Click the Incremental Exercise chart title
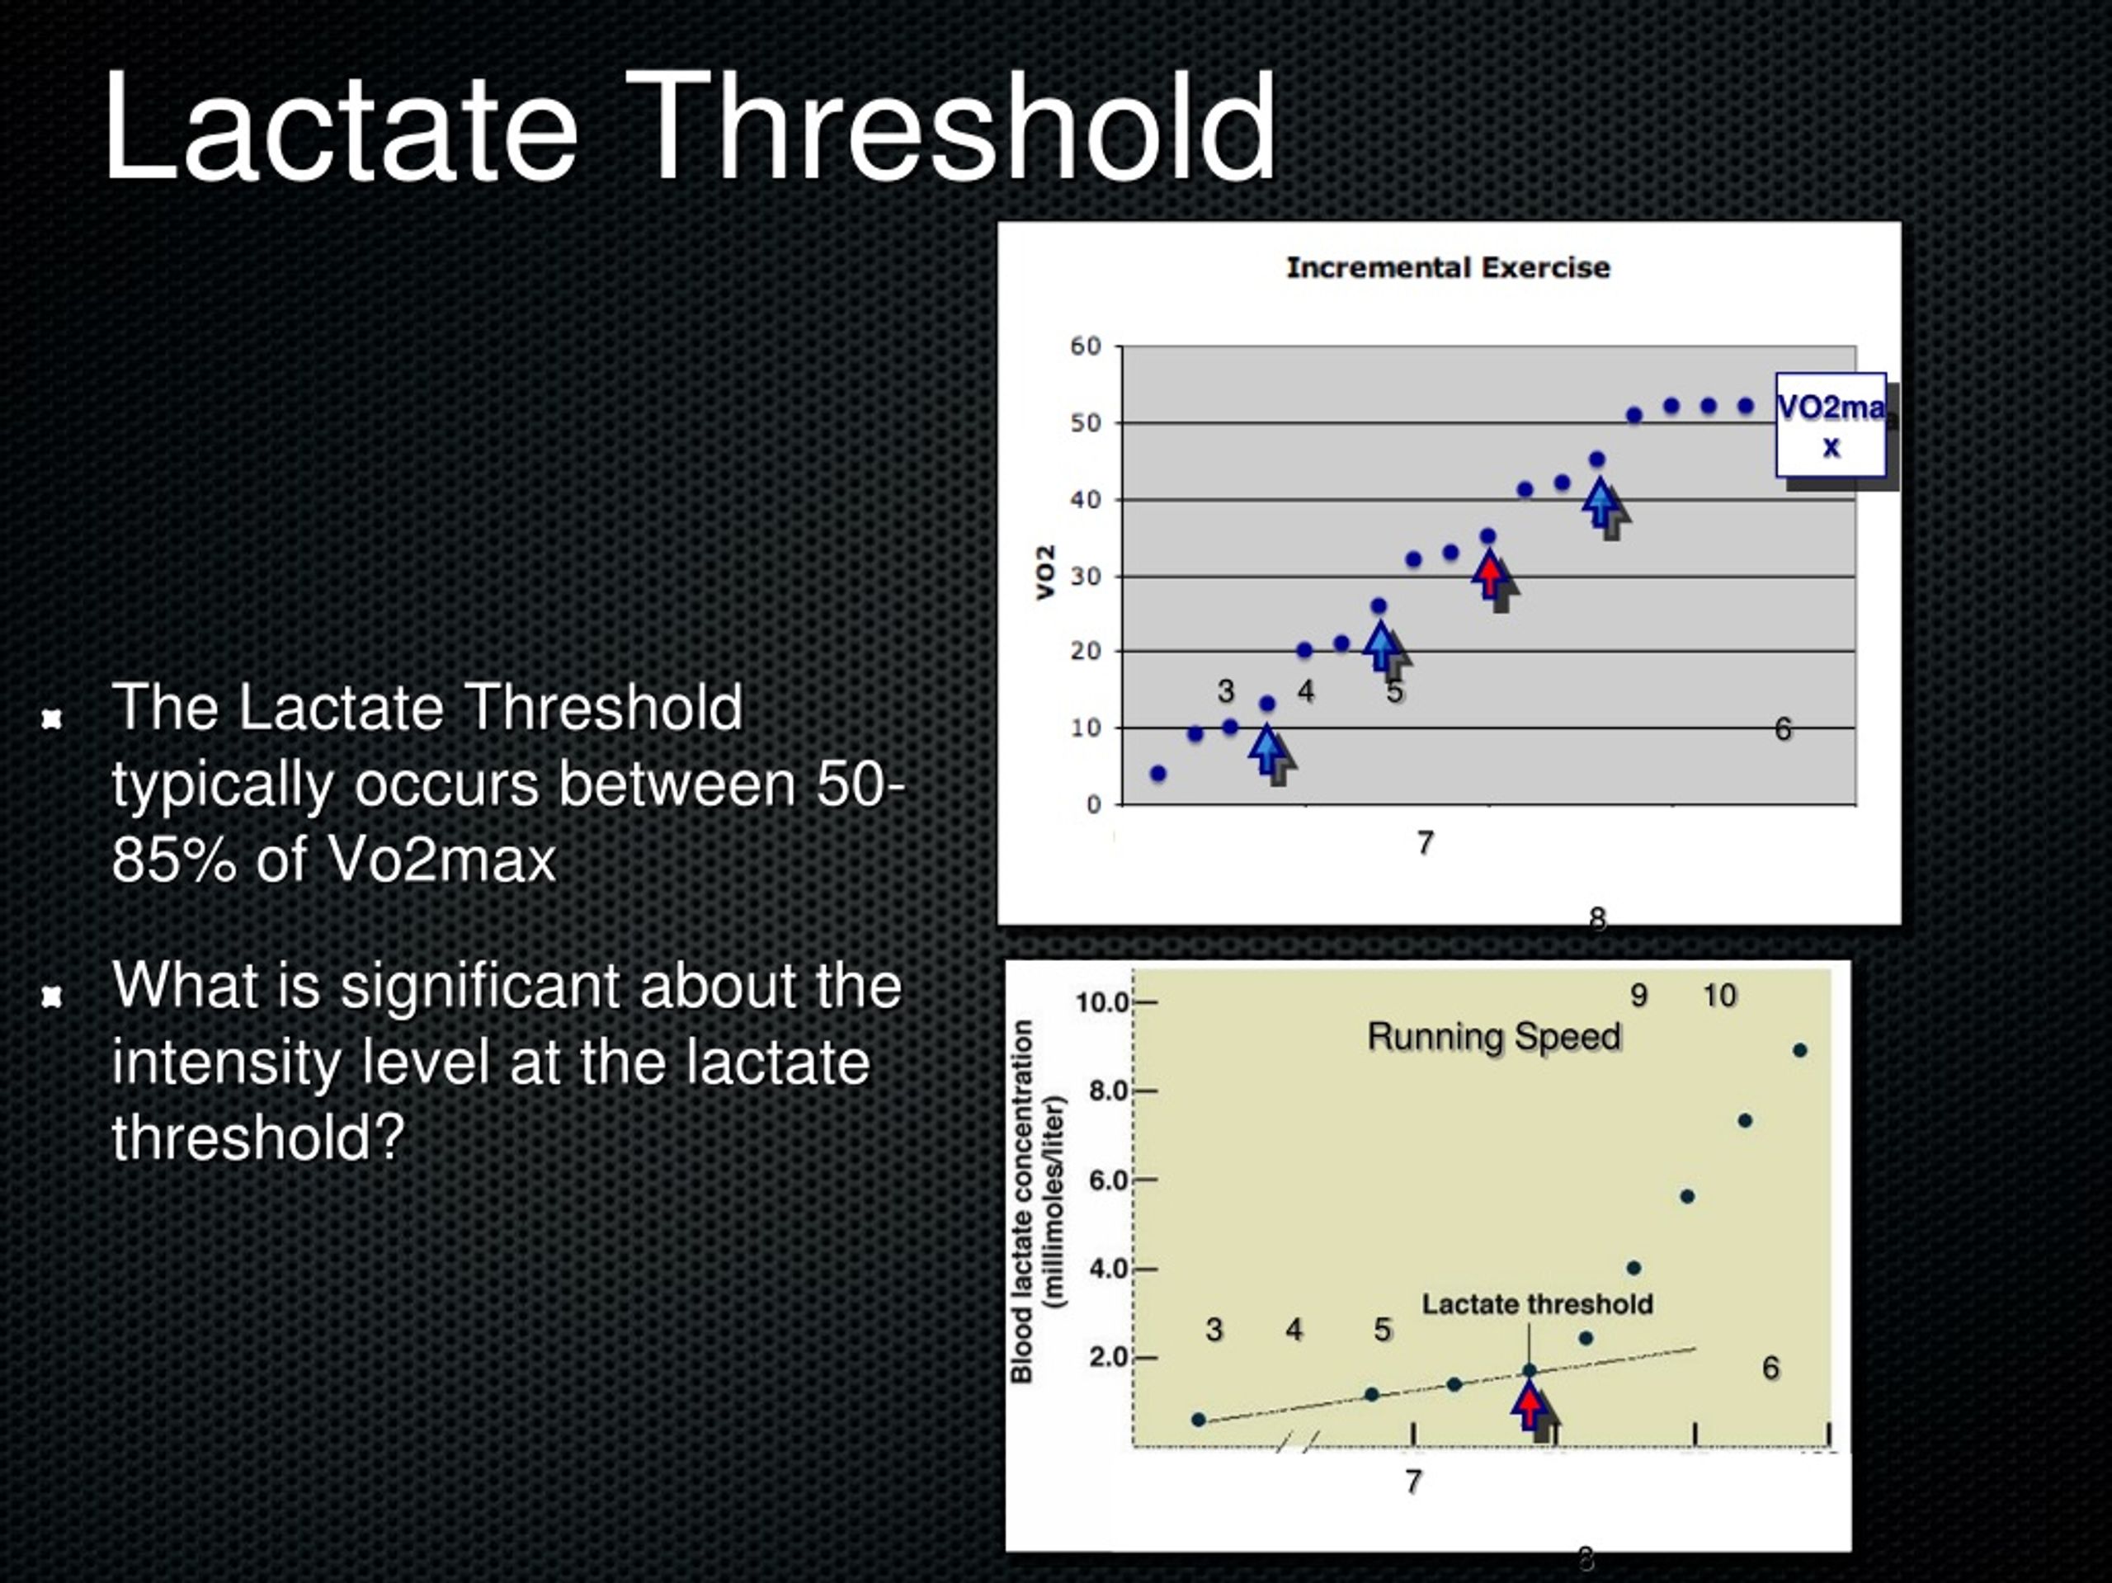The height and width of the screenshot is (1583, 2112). tap(1448, 267)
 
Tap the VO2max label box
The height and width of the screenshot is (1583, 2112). tap(1831, 425)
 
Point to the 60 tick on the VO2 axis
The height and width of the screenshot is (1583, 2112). tap(1086, 346)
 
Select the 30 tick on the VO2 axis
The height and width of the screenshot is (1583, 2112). tap(1086, 576)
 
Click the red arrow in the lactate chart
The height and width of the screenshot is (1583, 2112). tap(1530, 1406)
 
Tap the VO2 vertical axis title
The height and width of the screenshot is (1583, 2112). tap(1045, 572)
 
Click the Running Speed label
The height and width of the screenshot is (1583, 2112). tap(1494, 1037)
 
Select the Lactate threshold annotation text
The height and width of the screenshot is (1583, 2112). tap(1537, 1304)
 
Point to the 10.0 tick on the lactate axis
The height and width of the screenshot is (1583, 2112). tap(1102, 1002)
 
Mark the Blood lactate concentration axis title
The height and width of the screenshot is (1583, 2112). tap(1037, 1201)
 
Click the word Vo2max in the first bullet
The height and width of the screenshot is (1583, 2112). tap(441, 860)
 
